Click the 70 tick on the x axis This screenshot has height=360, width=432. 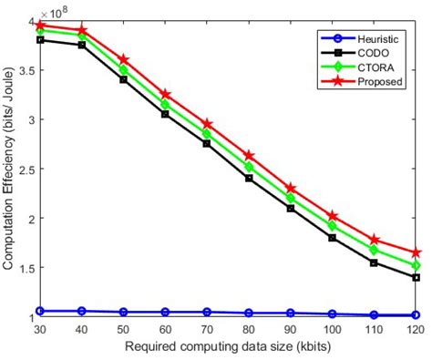coord(207,329)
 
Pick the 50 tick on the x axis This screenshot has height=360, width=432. coord(123,329)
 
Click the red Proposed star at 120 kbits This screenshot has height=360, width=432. coord(417,252)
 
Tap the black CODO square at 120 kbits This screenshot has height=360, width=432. coord(417,277)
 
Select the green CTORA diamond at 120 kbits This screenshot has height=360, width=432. coord(417,265)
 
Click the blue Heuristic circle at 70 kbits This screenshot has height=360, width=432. coord(207,312)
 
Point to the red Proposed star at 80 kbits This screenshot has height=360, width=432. coord(249,156)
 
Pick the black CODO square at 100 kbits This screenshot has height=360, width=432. coord(333,238)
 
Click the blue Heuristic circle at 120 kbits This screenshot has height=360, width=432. coord(417,314)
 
